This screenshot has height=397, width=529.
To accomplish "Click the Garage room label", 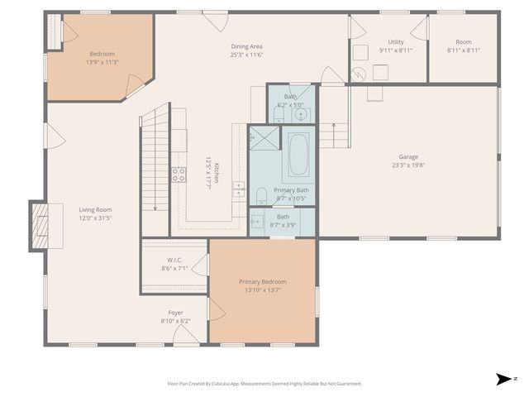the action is point(408,156).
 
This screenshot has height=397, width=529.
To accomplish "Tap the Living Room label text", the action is point(95,209).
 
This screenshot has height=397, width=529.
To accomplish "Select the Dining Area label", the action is point(246,46).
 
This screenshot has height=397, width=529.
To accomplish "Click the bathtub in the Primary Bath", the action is point(298,155).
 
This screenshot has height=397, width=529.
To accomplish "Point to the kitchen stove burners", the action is point(179,175).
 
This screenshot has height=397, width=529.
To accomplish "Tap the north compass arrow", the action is point(503,379).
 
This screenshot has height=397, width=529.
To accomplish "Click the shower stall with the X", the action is point(264,137).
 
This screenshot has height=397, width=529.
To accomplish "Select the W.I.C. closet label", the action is point(174,260).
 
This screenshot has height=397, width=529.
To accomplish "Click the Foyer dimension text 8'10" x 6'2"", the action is point(175,321).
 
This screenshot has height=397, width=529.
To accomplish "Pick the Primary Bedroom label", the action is point(263,281).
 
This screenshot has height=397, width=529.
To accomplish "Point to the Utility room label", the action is point(396,42).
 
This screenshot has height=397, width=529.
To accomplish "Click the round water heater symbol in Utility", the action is point(358,74).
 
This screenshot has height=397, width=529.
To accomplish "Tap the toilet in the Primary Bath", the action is point(261,196).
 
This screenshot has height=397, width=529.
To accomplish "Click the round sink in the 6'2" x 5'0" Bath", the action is point(301,115).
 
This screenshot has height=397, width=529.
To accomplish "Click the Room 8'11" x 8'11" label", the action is point(464,46).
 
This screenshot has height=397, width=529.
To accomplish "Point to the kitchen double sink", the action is point(239,189).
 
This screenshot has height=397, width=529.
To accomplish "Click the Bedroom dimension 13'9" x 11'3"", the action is point(102,62).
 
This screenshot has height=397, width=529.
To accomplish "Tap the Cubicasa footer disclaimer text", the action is point(264,384).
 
